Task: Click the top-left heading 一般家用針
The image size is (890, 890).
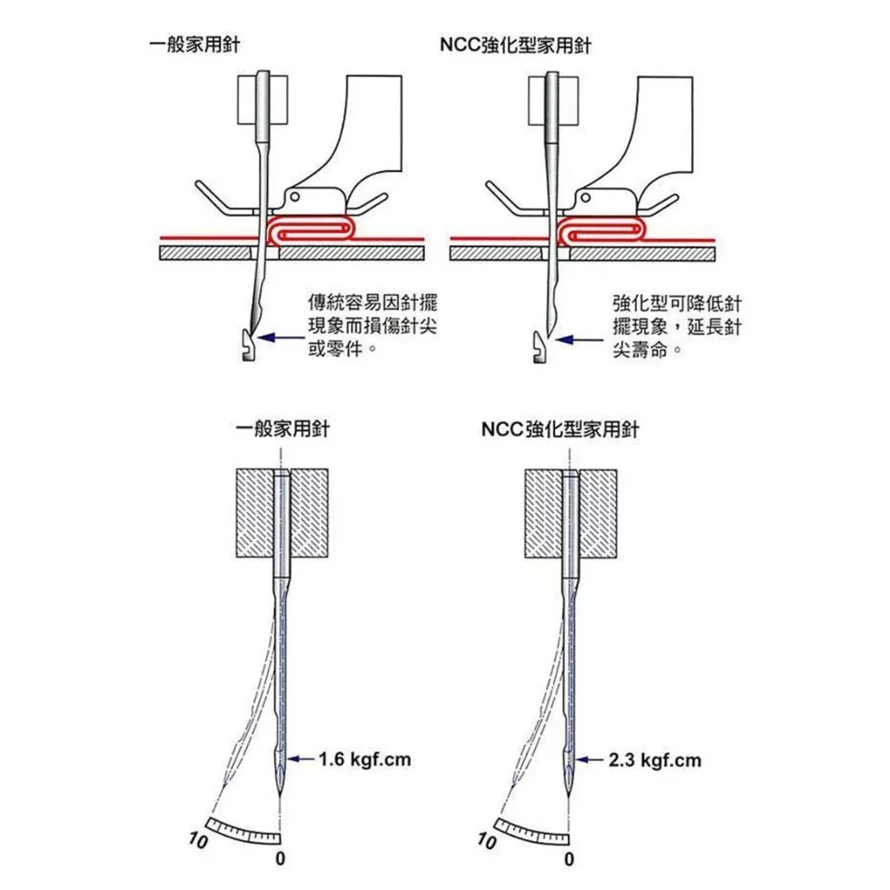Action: point(194,45)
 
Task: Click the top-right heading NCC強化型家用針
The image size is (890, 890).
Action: point(515,45)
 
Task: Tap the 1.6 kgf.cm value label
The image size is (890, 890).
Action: point(364,759)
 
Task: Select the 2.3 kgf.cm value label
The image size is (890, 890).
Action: point(654,760)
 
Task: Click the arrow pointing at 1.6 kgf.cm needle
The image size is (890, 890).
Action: point(301,759)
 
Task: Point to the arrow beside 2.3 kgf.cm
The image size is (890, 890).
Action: point(590,760)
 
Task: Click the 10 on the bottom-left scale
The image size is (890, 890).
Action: point(199,840)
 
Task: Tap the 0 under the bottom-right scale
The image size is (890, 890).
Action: point(569,860)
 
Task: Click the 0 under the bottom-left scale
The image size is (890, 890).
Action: point(280,859)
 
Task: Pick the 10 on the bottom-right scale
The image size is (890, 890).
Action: point(487,840)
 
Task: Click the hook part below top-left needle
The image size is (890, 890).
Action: point(248,345)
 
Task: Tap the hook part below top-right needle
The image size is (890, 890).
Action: point(539,347)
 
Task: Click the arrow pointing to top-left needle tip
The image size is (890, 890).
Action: point(281,338)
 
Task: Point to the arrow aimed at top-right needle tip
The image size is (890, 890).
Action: point(580,340)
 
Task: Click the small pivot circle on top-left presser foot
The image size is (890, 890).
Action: point(294,197)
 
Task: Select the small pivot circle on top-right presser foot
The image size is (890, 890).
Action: point(585,198)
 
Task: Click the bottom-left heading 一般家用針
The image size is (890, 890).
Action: point(282,428)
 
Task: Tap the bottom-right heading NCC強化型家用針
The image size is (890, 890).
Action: point(560,429)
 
